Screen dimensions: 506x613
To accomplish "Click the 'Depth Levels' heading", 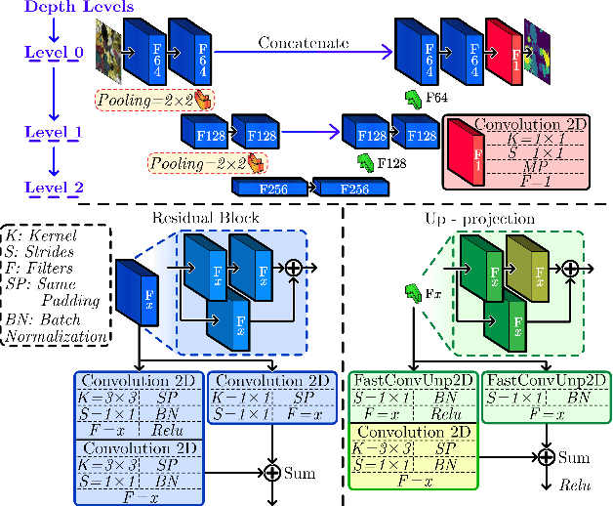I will pos(56,8).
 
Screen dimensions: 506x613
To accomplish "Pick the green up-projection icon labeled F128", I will pos(366,160).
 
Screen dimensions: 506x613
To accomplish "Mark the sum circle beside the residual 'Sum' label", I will pos(272,474).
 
